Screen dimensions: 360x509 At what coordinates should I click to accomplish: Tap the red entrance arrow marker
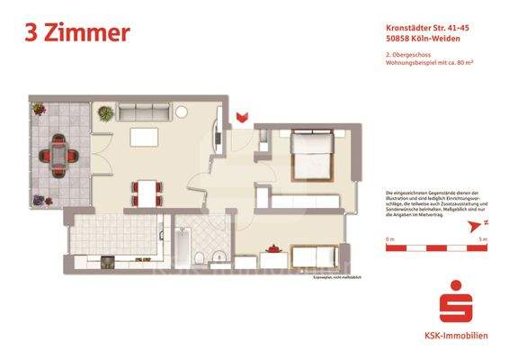[x=240, y=115]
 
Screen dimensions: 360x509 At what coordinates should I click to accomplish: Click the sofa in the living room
[x=145, y=112]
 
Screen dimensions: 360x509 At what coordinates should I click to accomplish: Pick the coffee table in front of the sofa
[x=144, y=138]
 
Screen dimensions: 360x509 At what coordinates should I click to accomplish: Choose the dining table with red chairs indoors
[x=147, y=190]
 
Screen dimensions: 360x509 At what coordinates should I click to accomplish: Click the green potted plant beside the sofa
[x=105, y=113]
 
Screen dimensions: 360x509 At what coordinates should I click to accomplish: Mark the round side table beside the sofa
[x=182, y=112]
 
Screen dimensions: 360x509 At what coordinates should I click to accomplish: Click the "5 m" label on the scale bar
[x=483, y=238]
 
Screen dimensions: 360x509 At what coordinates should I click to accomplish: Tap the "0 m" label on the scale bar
[x=389, y=238]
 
